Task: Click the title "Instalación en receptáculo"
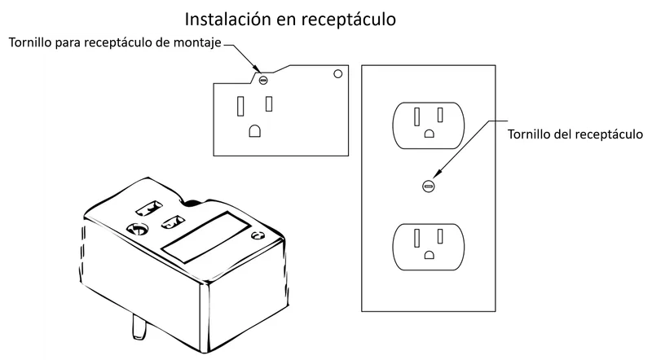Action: (x=290, y=19)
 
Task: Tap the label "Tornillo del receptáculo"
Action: (x=575, y=134)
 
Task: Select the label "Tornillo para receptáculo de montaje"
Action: (x=115, y=43)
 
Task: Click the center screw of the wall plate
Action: (x=429, y=186)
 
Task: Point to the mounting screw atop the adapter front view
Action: (x=262, y=79)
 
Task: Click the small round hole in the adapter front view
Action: (x=338, y=73)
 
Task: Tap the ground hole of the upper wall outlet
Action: (x=429, y=134)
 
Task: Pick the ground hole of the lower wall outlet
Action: (x=429, y=254)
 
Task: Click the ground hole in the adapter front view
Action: (x=254, y=131)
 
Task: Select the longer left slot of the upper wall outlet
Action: (x=416, y=116)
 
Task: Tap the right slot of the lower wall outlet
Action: (x=440, y=236)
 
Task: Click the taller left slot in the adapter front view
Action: (x=240, y=106)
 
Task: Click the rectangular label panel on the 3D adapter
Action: (x=206, y=237)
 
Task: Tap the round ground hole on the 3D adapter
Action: (x=137, y=229)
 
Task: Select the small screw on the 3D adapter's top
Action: (x=258, y=236)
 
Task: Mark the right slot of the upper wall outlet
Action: (x=440, y=115)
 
